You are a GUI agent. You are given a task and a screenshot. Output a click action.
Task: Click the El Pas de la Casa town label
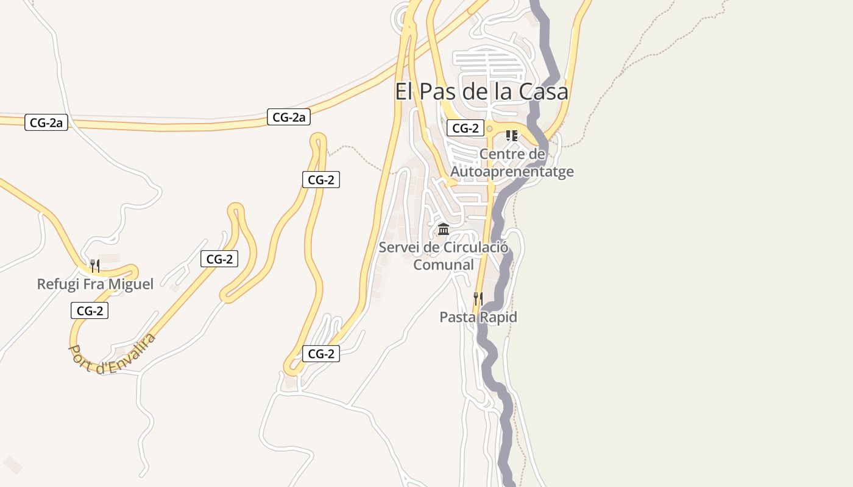point(481,91)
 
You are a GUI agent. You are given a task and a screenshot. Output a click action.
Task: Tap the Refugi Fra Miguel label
point(95,284)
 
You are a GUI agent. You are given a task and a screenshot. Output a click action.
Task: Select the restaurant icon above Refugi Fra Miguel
point(94,266)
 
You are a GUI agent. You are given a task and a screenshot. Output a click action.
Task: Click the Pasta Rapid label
point(478,317)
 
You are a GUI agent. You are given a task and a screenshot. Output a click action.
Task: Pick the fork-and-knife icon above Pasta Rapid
point(478,298)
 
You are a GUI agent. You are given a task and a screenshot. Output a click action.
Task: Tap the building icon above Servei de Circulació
point(444,229)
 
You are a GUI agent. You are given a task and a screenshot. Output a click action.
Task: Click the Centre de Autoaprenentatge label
point(512,163)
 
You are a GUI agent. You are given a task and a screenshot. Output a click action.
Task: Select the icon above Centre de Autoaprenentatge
point(512,136)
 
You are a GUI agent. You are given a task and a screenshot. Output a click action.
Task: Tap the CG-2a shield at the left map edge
point(46,123)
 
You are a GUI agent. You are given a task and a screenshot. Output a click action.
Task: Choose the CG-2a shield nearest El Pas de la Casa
point(289,117)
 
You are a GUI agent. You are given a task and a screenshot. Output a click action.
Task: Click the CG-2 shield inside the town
point(465,128)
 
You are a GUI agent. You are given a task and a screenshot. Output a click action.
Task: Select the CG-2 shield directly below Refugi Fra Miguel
point(90,311)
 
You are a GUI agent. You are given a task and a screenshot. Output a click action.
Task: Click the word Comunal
point(444,265)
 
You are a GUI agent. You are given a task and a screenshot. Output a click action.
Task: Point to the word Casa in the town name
point(543,91)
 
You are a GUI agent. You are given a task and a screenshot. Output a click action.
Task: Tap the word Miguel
point(132,284)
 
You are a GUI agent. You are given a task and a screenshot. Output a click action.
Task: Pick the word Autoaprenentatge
point(512,172)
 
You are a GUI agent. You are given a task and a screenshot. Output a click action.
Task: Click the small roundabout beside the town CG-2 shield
point(489,128)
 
